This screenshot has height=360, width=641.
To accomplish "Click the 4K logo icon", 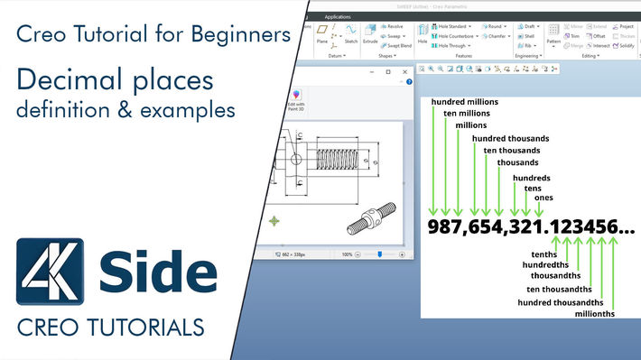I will coord(51,272).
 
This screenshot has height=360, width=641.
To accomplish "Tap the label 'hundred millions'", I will coord(464,102).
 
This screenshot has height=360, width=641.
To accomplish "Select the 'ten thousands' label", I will coord(513,150).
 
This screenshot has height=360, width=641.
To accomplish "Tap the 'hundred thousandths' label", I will coord(560,301).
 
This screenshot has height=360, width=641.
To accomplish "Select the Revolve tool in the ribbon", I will coord(392,27).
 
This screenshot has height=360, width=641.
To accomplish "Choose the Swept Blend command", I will coord(396,45).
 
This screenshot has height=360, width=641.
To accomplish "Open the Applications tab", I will coord(338,16).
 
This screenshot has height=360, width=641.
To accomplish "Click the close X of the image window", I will coord(405,71).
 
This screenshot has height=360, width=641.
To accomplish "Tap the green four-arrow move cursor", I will coord(274,220).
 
